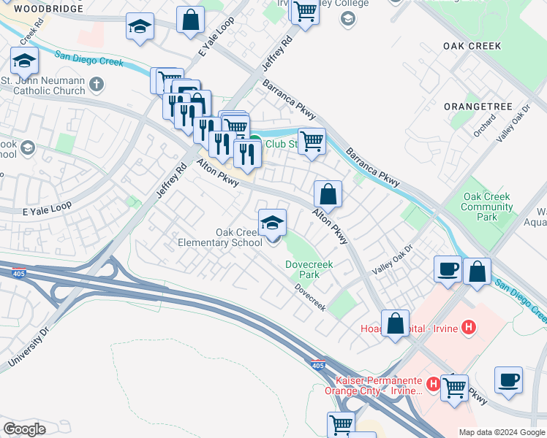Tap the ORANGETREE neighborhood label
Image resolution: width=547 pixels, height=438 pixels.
(x=478, y=106)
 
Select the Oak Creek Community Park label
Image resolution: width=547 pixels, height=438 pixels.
(x=486, y=207)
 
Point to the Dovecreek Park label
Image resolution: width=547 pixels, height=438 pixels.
(x=304, y=269)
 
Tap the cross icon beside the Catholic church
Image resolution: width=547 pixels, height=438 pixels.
(x=96, y=85)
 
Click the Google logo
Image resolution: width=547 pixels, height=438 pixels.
(x=24, y=429)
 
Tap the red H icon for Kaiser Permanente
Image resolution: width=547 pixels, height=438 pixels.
(x=434, y=383)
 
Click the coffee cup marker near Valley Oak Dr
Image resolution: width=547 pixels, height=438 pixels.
(x=448, y=269)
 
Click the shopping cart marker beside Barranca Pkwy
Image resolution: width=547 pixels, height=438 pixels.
(x=312, y=140)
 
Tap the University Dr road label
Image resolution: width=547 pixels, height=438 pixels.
(x=29, y=347)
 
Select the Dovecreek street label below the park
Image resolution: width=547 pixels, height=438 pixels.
(x=310, y=297)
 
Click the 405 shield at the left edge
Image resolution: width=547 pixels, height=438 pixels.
(x=17, y=273)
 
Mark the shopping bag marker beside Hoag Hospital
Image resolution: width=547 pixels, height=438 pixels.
(x=396, y=323)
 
